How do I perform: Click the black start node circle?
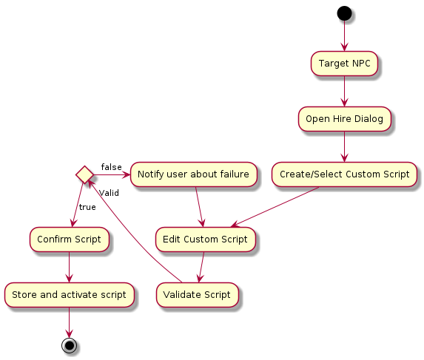[344, 13]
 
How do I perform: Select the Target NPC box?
[344, 64]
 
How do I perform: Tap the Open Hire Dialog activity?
[344, 119]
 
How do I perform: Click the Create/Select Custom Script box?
[344, 174]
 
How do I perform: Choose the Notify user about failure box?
[193, 174]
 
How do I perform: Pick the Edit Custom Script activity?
[205, 240]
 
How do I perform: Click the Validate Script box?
[197, 295]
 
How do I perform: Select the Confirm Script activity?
[70, 240]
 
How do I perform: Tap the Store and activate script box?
[70, 295]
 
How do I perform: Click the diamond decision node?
[84, 174]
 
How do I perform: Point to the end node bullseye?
[70, 345]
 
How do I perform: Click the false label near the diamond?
[112, 167]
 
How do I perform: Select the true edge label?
[87, 207]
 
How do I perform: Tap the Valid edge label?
[109, 193]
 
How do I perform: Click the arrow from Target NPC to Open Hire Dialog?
[344, 91]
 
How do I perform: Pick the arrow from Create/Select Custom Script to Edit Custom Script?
[275, 207]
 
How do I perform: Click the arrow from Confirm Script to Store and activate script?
[70, 268]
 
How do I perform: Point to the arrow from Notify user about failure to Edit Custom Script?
[200, 207]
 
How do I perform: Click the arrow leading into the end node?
[70, 322]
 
